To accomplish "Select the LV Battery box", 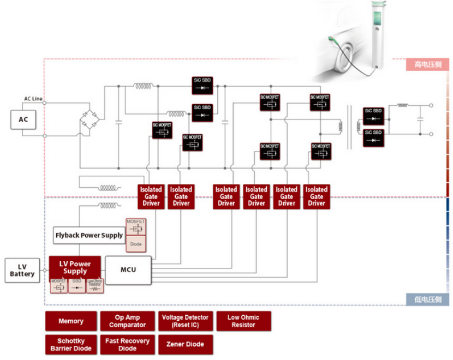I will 22,271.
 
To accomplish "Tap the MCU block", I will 128,269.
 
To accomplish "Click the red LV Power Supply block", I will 75,267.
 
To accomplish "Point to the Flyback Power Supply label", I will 89,235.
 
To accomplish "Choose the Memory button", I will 71,321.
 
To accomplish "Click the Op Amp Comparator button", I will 128,321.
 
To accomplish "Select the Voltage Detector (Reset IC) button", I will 185,321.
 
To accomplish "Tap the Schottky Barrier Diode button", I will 71,345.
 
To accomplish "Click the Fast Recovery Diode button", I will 128,345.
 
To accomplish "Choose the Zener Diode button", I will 185,345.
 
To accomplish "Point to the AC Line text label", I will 33,99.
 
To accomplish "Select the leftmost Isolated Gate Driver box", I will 151,196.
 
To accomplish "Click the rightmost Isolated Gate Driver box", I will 317,196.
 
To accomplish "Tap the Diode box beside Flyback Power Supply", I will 136,244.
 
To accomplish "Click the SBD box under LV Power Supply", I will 76,285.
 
